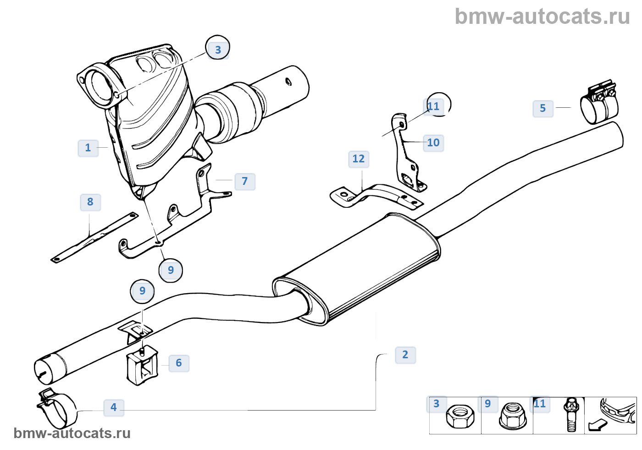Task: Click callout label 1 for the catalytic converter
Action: tap(88, 148)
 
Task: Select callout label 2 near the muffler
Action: tap(405, 355)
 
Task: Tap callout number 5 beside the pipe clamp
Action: tap(543, 108)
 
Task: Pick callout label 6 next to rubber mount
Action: tap(179, 363)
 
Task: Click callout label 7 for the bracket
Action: tap(245, 181)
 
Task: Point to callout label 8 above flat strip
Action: tap(90, 202)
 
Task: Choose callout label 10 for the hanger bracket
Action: tap(433, 143)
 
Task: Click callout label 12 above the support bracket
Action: tap(359, 159)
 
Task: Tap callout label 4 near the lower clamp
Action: tap(114, 407)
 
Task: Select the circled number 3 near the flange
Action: tap(218, 50)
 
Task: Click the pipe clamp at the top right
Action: tap(599, 103)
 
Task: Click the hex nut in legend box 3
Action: tap(459, 417)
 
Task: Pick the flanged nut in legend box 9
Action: tap(512, 416)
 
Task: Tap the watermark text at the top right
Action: tap(542, 17)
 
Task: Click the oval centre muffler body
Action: tap(358, 268)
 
